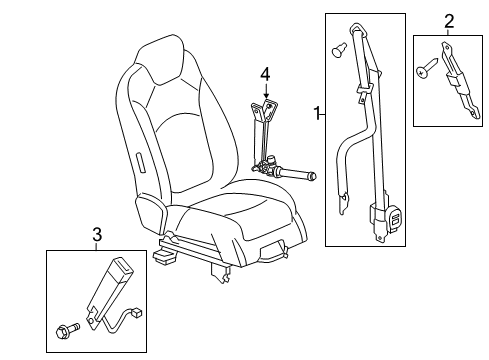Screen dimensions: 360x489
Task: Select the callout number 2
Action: point(448,20)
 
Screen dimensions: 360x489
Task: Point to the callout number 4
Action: point(265,73)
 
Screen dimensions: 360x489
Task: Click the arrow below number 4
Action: point(265,92)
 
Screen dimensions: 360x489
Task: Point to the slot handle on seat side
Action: point(140,162)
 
